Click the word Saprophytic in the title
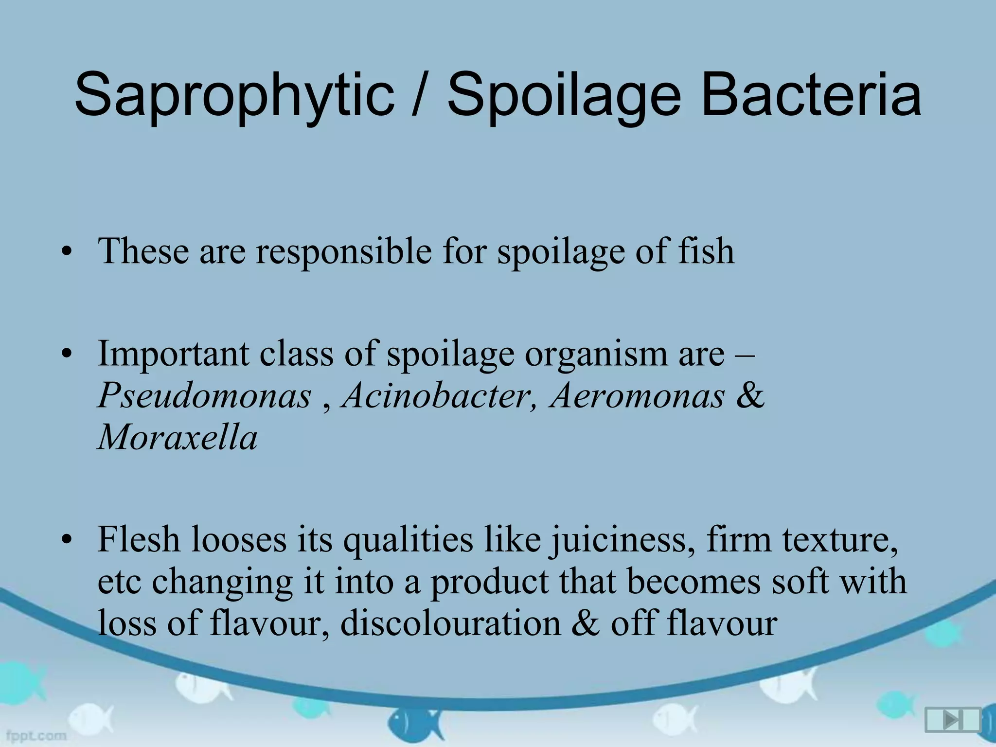(234, 95)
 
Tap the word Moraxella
(178, 437)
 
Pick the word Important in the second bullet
(173, 354)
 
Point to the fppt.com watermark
(33, 735)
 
